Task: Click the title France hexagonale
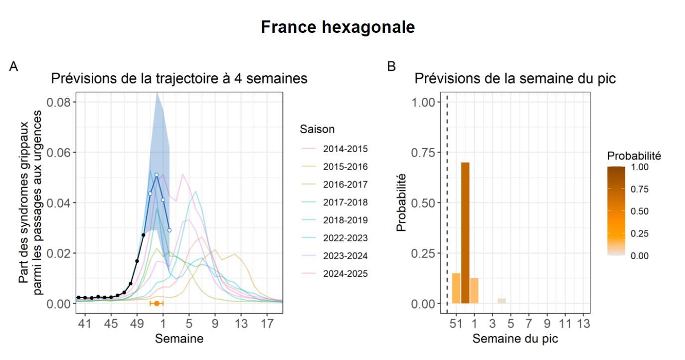pyautogui.click(x=338, y=27)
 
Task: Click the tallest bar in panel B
pyautogui.click(x=465, y=233)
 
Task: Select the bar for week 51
pyautogui.click(x=456, y=288)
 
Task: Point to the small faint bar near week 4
pyautogui.click(x=502, y=301)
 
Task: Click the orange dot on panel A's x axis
pyautogui.click(x=157, y=303)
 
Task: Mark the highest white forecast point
pyautogui.click(x=157, y=175)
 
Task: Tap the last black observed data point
pyautogui.click(x=144, y=235)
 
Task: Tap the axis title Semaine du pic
pyautogui.click(x=515, y=339)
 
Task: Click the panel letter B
pyautogui.click(x=391, y=66)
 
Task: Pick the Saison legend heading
pyautogui.click(x=317, y=129)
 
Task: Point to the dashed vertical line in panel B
pyautogui.click(x=447, y=199)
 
